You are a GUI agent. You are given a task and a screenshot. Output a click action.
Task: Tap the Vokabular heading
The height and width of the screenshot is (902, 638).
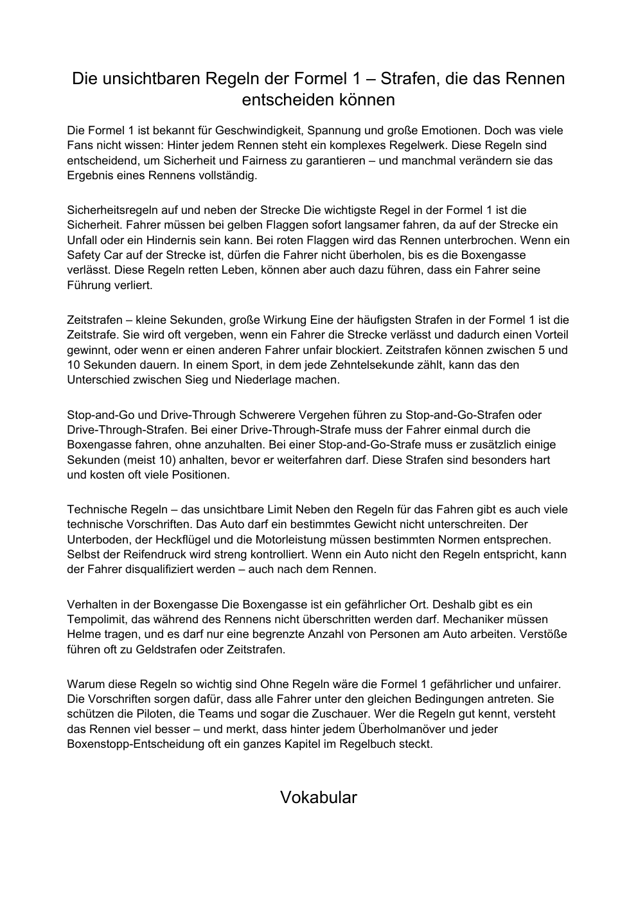(x=319, y=797)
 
